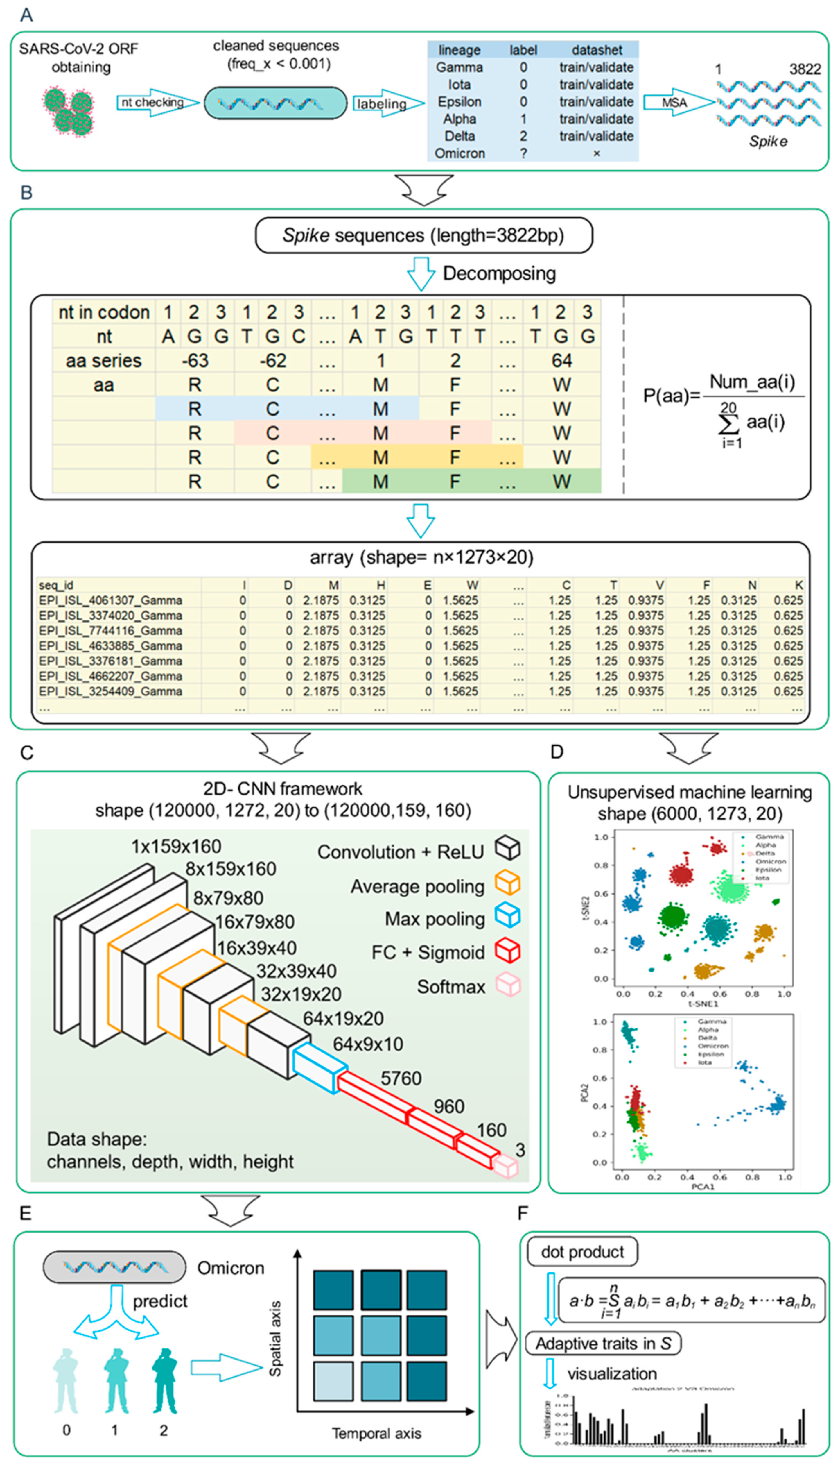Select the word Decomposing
click(499, 273)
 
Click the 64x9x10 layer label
click(368, 1044)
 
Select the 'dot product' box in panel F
click(582, 1252)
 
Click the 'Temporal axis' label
click(376, 1433)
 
